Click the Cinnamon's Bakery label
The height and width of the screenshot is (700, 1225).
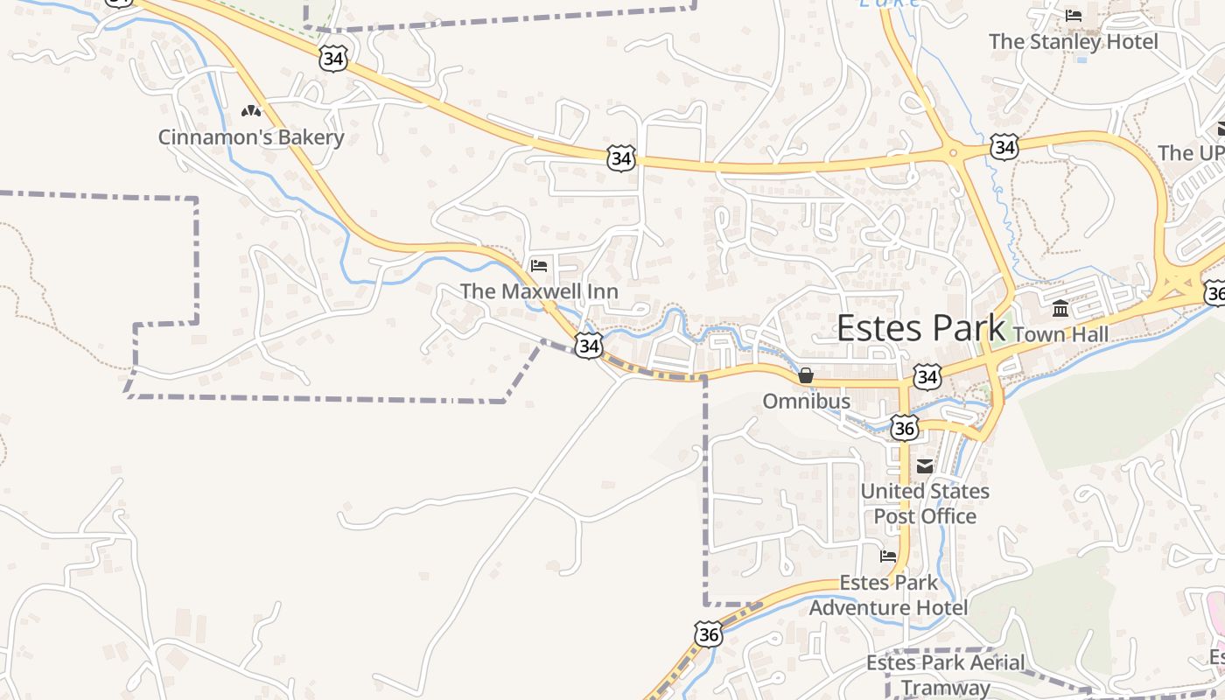251,137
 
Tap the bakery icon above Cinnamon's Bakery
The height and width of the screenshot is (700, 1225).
251,111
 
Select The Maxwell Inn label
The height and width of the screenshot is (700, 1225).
539,291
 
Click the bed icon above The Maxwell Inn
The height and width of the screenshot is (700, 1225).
539,265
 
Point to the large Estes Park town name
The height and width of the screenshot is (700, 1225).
920,328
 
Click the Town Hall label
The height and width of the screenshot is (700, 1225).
1060,334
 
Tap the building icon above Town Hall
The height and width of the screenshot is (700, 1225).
1060,309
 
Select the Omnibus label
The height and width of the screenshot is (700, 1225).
806,402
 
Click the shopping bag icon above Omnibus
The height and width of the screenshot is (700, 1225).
806,375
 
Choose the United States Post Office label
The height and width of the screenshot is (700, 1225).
925,504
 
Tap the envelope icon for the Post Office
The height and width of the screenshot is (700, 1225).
925,466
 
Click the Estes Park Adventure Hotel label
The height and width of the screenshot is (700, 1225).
888,595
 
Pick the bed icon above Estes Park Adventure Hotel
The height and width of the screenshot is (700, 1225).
888,556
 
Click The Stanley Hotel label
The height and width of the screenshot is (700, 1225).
1073,41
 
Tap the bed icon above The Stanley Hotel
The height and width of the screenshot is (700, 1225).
1074,16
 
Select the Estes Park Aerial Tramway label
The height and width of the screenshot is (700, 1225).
945,675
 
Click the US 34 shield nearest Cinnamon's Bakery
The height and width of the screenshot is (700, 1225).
333,59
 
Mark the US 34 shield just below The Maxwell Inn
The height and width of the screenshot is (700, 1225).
589,346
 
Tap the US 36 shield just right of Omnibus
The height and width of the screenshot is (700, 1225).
905,428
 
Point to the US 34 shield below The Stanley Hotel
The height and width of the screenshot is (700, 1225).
1004,147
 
